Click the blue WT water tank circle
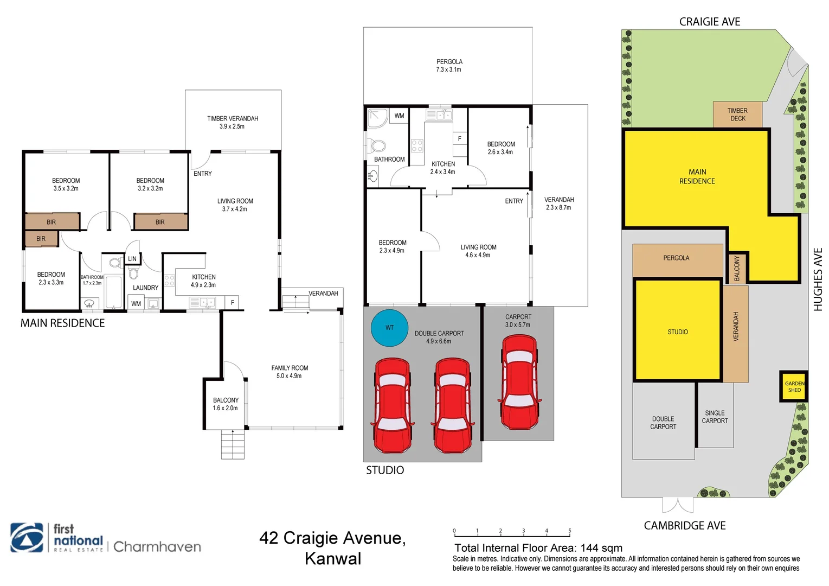coord(389,328)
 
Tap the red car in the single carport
coord(519,382)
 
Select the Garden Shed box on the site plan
coord(794,386)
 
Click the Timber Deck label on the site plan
coord(737,114)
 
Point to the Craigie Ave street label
coord(709,22)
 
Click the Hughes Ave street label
coord(818,279)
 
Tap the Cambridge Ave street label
coord(684,525)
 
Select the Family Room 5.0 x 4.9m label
coord(290,372)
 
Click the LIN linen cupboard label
coord(132,259)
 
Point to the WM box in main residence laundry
coord(136,303)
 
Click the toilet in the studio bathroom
coord(377,145)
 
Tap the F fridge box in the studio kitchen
coord(460,139)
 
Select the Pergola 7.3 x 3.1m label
coord(449,66)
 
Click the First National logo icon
coord(27,538)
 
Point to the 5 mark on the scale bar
coord(569,531)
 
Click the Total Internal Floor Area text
coord(538,548)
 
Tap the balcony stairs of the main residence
coord(233,444)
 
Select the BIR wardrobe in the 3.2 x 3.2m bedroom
coord(160,222)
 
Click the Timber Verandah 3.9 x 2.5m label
coord(232,122)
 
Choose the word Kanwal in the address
coord(332,558)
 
